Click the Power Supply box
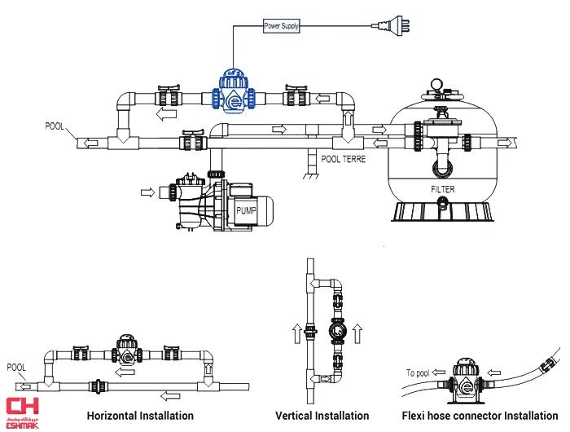pyautogui.click(x=282, y=26)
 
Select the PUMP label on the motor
pyautogui.click(x=247, y=209)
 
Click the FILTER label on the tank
pyautogui.click(x=443, y=190)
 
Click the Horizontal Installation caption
pyautogui.click(x=140, y=416)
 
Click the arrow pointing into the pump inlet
pyautogui.click(x=147, y=192)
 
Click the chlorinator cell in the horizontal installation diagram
pyautogui.click(x=126, y=351)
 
